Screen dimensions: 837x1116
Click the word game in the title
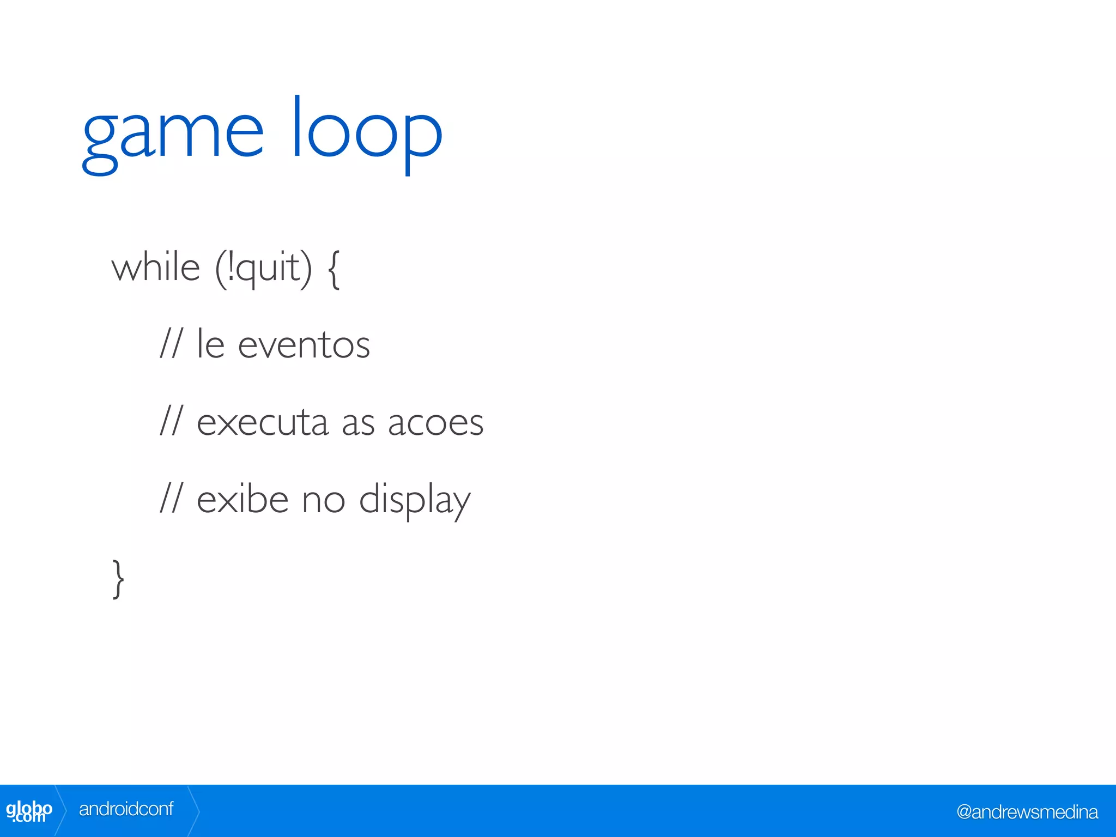173,134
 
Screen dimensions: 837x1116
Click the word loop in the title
367,131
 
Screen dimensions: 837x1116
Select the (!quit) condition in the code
264,269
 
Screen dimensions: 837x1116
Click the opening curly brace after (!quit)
334,269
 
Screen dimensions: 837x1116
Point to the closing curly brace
118,579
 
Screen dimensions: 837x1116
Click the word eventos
304,345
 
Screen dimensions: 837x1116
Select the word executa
263,422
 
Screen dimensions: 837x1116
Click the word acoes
435,423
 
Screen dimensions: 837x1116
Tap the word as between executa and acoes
358,423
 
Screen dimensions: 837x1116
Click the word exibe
242,499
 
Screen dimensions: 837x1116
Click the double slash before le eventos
171,344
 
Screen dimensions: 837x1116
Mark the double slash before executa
171,421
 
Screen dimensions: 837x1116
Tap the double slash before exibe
171,499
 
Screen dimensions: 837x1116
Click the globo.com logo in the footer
29,811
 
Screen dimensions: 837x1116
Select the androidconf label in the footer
126,809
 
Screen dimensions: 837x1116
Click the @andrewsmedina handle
1027,812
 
